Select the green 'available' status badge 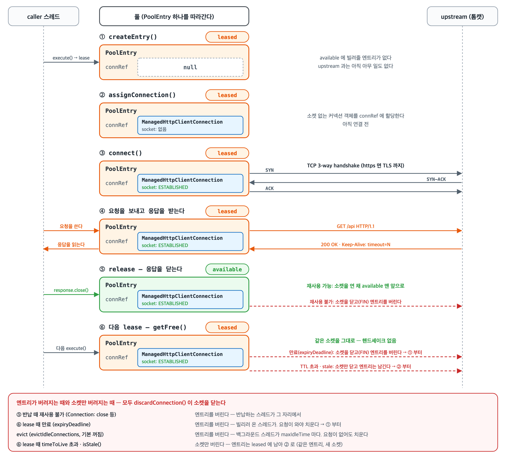pos(227,269)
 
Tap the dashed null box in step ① pos(190,67)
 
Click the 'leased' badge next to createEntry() pos(227,37)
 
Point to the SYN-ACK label pos(436,179)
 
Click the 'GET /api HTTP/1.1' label pos(355,226)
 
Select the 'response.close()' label pos(71,290)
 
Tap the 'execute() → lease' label pos(71,58)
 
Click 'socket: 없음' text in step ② pos(154,129)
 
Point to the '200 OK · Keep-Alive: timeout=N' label pos(355,245)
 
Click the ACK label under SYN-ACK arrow pos(270,188)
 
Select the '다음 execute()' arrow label pos(71,348)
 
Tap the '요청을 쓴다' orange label pos(71,226)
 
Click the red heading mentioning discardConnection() pos(121,403)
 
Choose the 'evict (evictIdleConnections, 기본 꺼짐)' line pos(60,434)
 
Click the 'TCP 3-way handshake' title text pos(355,166)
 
